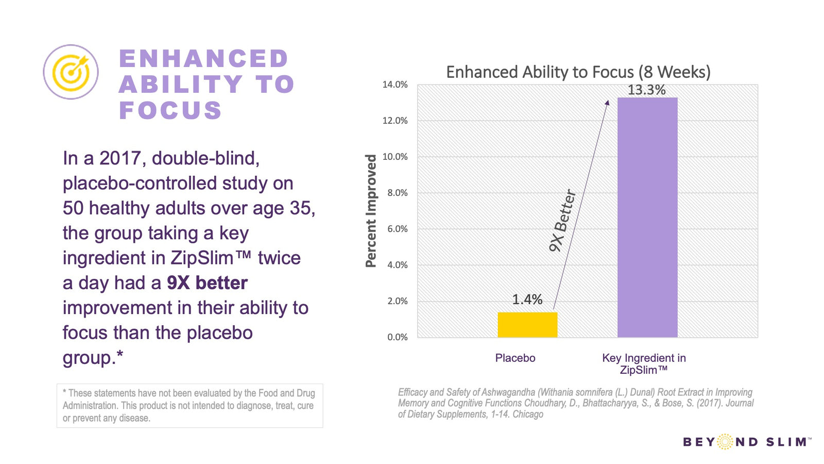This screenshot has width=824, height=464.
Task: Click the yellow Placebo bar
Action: tap(527, 324)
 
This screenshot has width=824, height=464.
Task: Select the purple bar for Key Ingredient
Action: tap(647, 217)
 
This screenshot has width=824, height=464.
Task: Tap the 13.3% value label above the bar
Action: tap(646, 90)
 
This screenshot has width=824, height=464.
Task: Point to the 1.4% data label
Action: tap(527, 300)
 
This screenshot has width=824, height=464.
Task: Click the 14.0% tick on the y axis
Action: tap(395, 85)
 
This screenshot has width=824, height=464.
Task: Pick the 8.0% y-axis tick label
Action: tap(397, 193)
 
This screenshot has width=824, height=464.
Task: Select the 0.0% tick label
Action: tap(397, 337)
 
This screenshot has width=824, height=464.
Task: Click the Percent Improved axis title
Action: tap(371, 211)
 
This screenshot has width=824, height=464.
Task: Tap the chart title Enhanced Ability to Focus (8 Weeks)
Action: tap(578, 72)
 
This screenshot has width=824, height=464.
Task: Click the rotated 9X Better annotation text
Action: tap(562, 220)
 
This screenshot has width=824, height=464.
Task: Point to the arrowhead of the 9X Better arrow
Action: tap(607, 103)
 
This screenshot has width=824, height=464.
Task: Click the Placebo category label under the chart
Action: tap(515, 358)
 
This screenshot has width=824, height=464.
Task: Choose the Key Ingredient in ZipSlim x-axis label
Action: tap(644, 364)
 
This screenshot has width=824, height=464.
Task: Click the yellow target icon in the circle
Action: tap(71, 72)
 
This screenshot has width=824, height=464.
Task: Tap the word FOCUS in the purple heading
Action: tap(170, 110)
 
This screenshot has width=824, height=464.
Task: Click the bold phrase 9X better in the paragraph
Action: tap(207, 283)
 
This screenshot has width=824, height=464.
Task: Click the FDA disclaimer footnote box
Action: tap(190, 405)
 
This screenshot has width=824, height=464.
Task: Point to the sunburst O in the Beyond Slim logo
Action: tap(725, 441)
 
